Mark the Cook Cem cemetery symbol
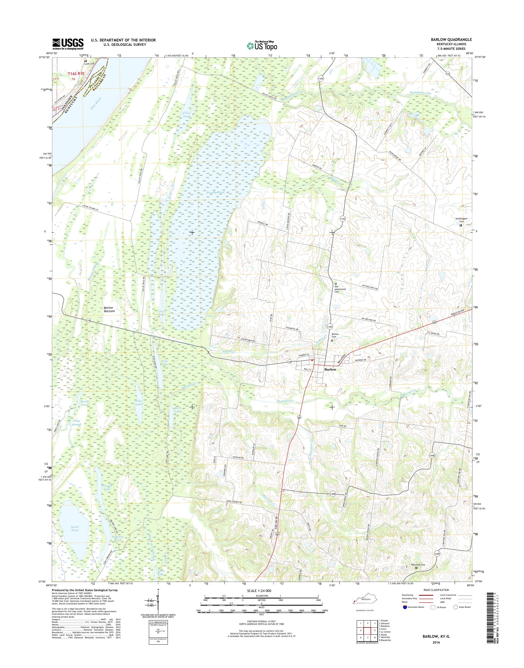tap(86, 61)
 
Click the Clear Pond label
tap(187, 115)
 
